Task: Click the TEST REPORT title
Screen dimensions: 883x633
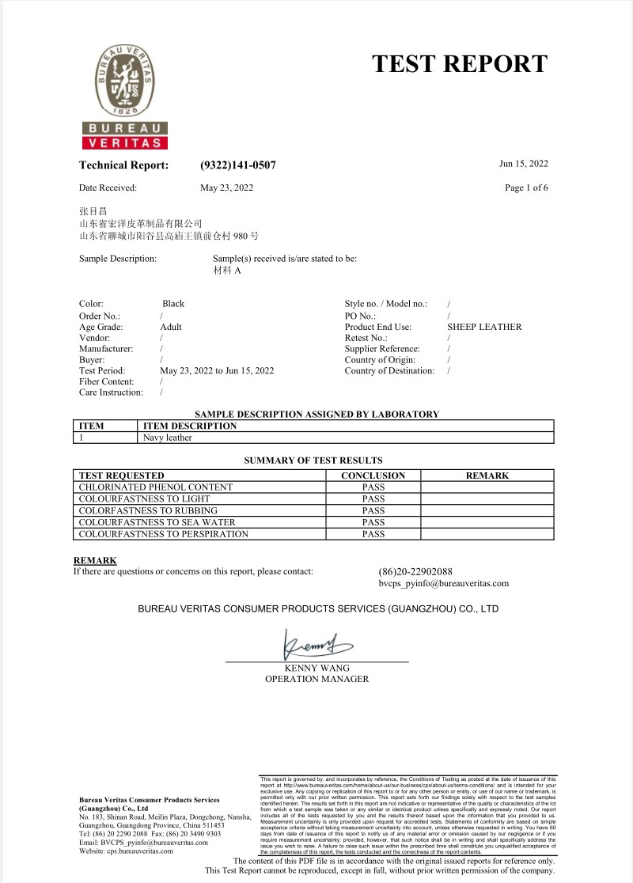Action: click(459, 64)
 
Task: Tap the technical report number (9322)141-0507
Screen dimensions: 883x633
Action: click(238, 165)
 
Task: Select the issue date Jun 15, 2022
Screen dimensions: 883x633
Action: click(523, 164)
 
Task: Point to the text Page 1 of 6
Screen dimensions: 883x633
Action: click(526, 188)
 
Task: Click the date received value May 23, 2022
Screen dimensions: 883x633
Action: click(227, 188)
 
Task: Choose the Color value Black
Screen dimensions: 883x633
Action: click(173, 304)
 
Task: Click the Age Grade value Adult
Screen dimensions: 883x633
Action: click(171, 326)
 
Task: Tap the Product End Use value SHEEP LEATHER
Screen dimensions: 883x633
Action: click(484, 326)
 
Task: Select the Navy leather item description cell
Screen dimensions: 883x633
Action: click(168, 438)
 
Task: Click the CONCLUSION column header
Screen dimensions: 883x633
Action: click(373, 476)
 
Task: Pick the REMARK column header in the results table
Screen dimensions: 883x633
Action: click(487, 476)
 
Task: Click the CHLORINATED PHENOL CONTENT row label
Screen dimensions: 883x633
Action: click(156, 487)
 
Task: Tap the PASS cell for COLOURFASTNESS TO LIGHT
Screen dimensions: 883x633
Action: click(373, 499)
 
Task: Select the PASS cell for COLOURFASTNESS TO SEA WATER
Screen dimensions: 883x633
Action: click(373, 522)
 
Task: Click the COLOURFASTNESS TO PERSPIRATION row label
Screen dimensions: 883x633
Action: click(164, 534)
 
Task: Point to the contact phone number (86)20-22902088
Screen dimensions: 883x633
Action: click(415, 571)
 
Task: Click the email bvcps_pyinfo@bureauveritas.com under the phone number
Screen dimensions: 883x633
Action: click(444, 583)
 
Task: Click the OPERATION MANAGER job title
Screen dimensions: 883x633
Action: click(316, 679)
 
